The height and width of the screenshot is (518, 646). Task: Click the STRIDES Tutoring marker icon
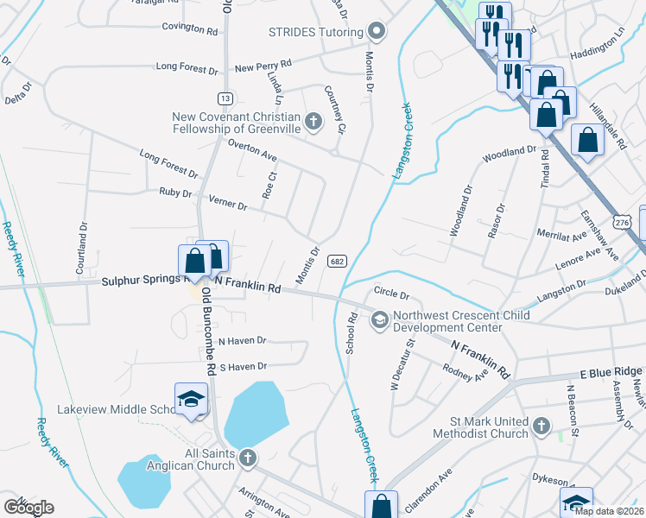tap(377, 32)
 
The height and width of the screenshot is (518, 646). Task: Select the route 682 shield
tap(338, 260)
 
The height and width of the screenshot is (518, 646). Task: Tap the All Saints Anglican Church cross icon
tap(248, 458)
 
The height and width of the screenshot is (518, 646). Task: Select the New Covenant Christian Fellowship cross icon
tap(313, 122)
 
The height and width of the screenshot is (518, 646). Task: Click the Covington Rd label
tap(190, 28)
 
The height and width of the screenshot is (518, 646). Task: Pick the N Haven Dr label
tap(242, 341)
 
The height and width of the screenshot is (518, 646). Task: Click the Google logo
tap(28, 507)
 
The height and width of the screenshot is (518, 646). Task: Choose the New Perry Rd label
tap(263, 66)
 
